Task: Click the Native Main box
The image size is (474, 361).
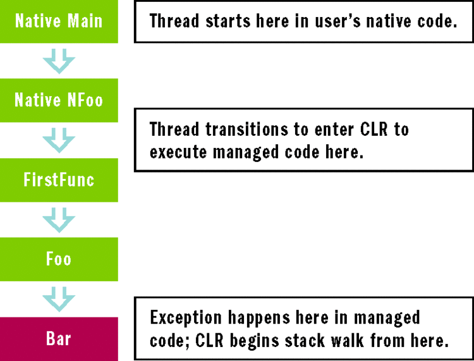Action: [59, 21]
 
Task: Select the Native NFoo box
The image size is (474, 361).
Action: [59, 100]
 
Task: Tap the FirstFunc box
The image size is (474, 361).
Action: [59, 180]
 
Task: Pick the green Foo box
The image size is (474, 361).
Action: [59, 259]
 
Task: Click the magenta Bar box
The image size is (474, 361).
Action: [59, 339]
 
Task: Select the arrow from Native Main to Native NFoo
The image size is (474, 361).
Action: [59, 61]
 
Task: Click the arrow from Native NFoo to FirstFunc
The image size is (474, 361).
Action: [59, 140]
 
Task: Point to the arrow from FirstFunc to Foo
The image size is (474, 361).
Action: [59, 220]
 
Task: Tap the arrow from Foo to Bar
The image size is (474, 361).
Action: [59, 299]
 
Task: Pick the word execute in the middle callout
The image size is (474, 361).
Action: [175, 152]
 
